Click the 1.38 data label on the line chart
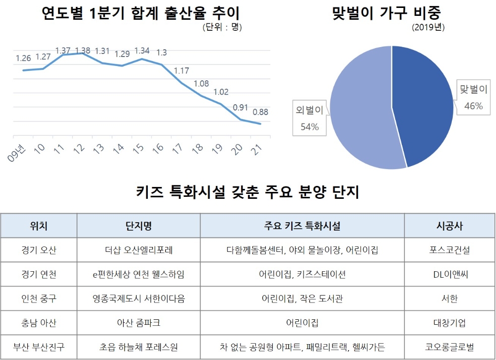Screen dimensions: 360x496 [x=82, y=50]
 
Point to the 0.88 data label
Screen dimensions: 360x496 [x=260, y=112]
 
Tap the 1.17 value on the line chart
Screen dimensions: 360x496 [x=181, y=71]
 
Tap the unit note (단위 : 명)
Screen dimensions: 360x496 [x=222, y=28]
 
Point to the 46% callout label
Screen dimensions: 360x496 [x=473, y=106]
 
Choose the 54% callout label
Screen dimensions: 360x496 [x=310, y=127]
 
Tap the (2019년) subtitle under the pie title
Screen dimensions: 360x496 [x=428, y=28]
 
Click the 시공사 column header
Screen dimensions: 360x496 [x=449, y=226]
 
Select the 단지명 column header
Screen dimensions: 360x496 [x=138, y=226]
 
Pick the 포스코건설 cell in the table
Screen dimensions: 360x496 [x=449, y=250]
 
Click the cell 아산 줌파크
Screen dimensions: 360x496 [x=138, y=323]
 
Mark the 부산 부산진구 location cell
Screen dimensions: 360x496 [x=39, y=347]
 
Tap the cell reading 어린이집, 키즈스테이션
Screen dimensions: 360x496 [x=302, y=275]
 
